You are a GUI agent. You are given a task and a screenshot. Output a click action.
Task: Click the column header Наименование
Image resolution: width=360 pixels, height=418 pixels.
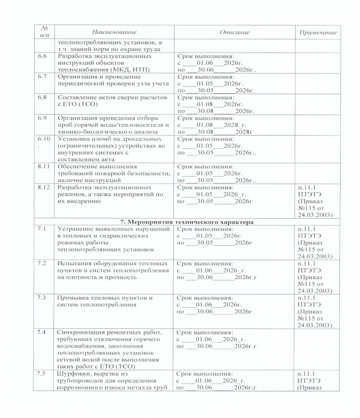[x=115, y=33]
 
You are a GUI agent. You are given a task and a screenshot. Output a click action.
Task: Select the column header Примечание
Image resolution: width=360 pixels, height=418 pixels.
[x=318, y=33]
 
